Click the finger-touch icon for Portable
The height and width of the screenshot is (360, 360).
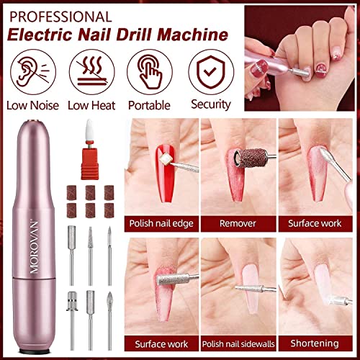tap(149, 71)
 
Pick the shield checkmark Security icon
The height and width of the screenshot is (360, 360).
tap(210, 71)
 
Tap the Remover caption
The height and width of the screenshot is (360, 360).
tap(238, 223)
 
